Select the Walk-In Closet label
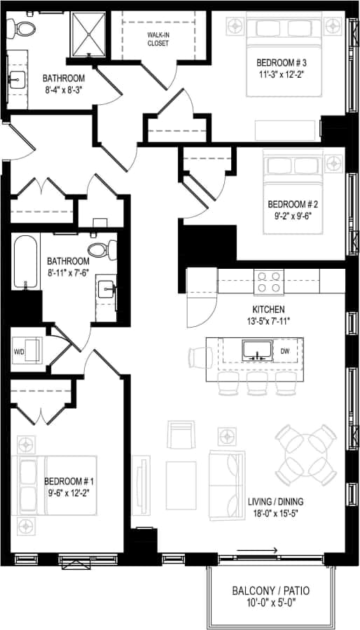tap(158, 38)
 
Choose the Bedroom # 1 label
tap(69, 482)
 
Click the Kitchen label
tap(269, 309)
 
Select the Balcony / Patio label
tap(270, 591)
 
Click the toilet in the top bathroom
tap(25, 29)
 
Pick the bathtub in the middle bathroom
tap(25, 262)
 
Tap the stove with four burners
tap(269, 281)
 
